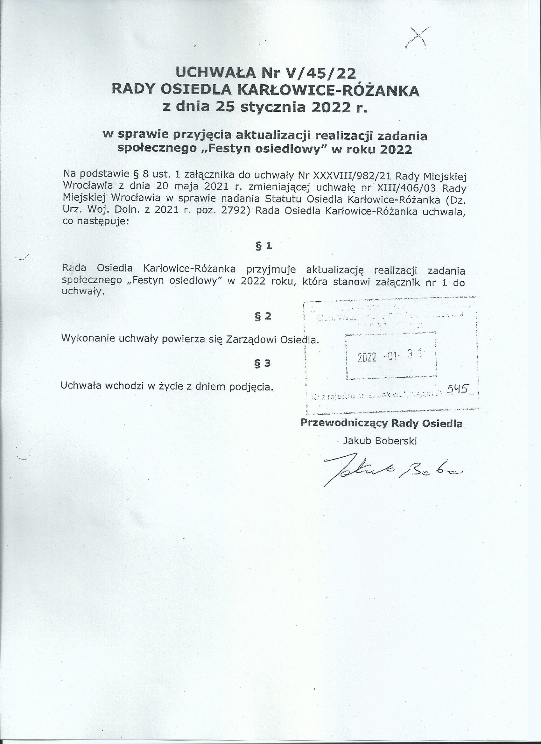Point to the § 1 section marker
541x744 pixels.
click(x=264, y=246)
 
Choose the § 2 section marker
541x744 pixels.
click(x=263, y=316)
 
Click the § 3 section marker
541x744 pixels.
click(x=263, y=363)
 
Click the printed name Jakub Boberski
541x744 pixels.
click(x=380, y=441)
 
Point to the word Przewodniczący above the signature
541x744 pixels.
click(x=344, y=424)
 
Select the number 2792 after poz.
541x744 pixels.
click(x=233, y=210)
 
